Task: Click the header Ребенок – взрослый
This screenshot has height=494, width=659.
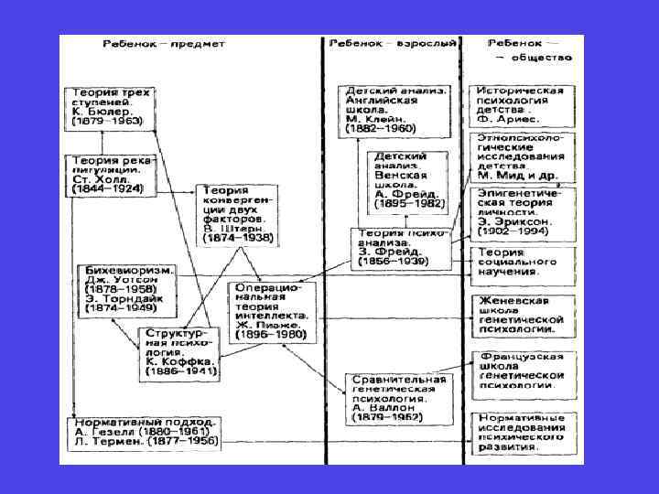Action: coord(393,44)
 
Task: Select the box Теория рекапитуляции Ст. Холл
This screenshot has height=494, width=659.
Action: coord(109,174)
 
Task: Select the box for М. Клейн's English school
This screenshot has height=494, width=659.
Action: coord(396,111)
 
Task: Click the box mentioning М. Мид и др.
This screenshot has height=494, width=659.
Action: coord(519,156)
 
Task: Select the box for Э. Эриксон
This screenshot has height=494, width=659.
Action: coord(519,212)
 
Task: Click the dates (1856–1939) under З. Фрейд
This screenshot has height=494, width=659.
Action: coord(399,263)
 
